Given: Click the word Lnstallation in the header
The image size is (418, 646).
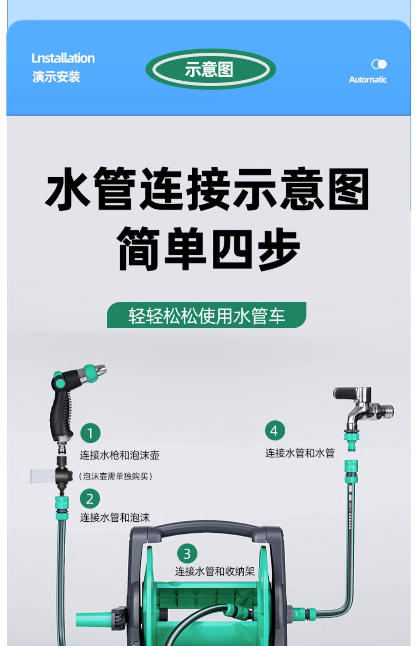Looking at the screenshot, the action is point(63,58).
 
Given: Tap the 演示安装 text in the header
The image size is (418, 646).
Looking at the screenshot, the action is point(56,77).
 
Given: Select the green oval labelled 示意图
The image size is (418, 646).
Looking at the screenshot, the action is point(211,69).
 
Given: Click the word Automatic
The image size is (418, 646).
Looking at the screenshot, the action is point(368,80).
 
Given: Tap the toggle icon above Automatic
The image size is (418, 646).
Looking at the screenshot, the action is point(379,64).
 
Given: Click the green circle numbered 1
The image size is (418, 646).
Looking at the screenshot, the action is point(90,433).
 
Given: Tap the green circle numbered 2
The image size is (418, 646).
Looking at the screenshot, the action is point(90,499).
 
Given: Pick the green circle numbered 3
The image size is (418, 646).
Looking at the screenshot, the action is point(187,554).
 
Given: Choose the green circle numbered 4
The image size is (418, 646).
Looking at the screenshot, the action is point(275,431).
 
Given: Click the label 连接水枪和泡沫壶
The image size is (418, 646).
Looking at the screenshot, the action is point(120,455).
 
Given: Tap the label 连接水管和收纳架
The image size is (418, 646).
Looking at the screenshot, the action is point(215,571).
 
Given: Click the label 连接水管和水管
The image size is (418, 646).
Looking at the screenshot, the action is point(300,453).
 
